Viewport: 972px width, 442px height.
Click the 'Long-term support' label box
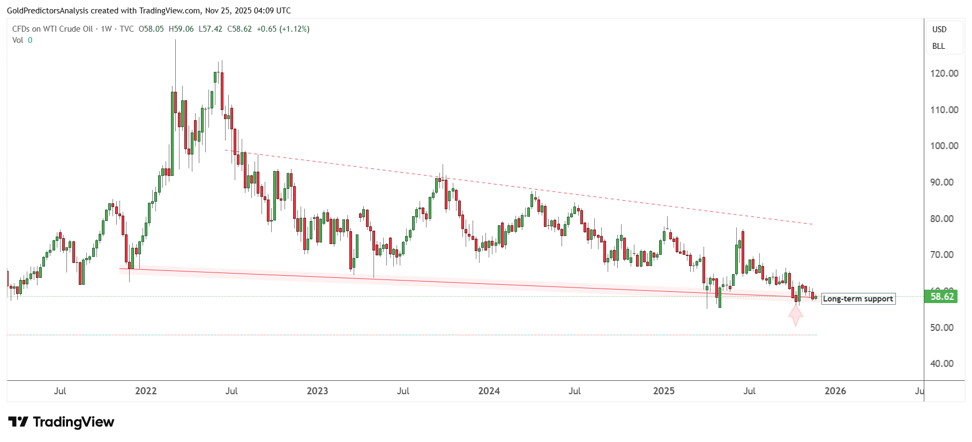[858, 299]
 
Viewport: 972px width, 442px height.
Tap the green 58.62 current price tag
[941, 297]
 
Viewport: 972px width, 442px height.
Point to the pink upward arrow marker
[795, 315]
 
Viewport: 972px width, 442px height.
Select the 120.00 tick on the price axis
[944, 73]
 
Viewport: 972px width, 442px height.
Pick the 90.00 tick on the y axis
[944, 182]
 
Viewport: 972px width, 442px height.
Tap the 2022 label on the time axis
[146, 391]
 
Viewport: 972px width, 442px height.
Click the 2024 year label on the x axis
[489, 391]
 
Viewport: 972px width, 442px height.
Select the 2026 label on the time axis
[835, 391]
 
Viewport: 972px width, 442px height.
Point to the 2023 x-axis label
[317, 391]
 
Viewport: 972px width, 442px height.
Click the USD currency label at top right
[939, 30]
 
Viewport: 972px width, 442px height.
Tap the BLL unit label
[939, 46]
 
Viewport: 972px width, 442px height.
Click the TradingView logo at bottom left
[61, 422]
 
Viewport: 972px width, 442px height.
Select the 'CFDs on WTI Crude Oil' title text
[53, 29]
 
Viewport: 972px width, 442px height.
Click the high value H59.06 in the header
[181, 29]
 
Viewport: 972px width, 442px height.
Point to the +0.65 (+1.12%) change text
[283, 29]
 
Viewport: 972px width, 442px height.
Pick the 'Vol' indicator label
[18, 40]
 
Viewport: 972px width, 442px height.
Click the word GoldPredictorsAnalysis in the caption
[47, 11]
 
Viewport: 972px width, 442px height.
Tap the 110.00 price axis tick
[944, 110]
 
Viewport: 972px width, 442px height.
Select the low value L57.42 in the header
[210, 29]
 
